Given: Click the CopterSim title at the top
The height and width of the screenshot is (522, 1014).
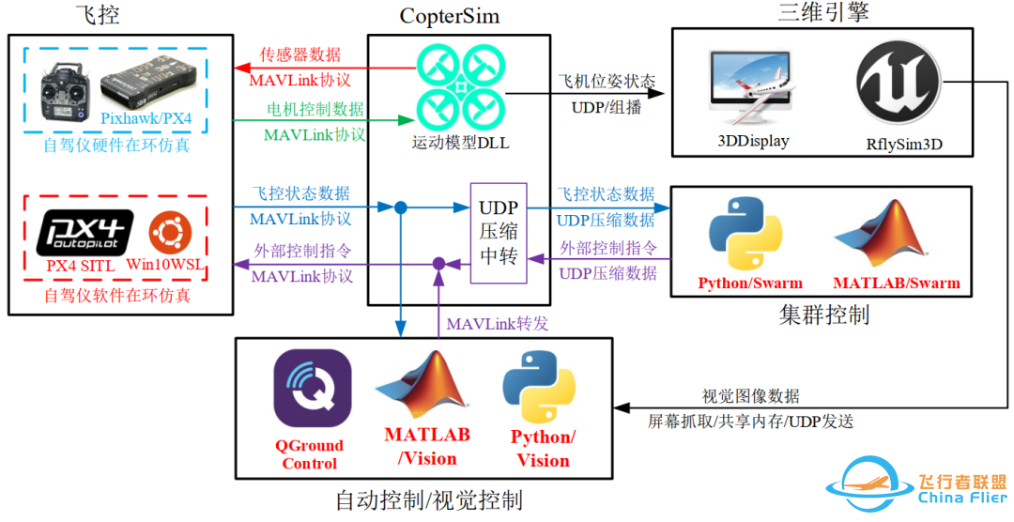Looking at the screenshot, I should click(450, 16).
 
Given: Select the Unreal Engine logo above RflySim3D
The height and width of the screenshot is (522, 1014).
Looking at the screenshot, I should click(899, 86).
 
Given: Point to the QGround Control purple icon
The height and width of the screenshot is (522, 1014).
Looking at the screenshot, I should click(313, 389).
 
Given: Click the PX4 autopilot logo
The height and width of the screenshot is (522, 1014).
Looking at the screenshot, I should click(84, 232).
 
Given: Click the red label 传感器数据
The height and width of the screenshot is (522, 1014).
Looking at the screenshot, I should click(300, 55).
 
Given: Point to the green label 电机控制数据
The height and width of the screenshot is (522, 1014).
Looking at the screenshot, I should click(315, 110).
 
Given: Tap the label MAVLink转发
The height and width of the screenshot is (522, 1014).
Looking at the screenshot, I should click(497, 324).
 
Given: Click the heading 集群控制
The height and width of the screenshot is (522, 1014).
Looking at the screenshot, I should click(823, 315).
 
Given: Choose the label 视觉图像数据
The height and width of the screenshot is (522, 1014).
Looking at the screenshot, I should click(751, 395).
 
